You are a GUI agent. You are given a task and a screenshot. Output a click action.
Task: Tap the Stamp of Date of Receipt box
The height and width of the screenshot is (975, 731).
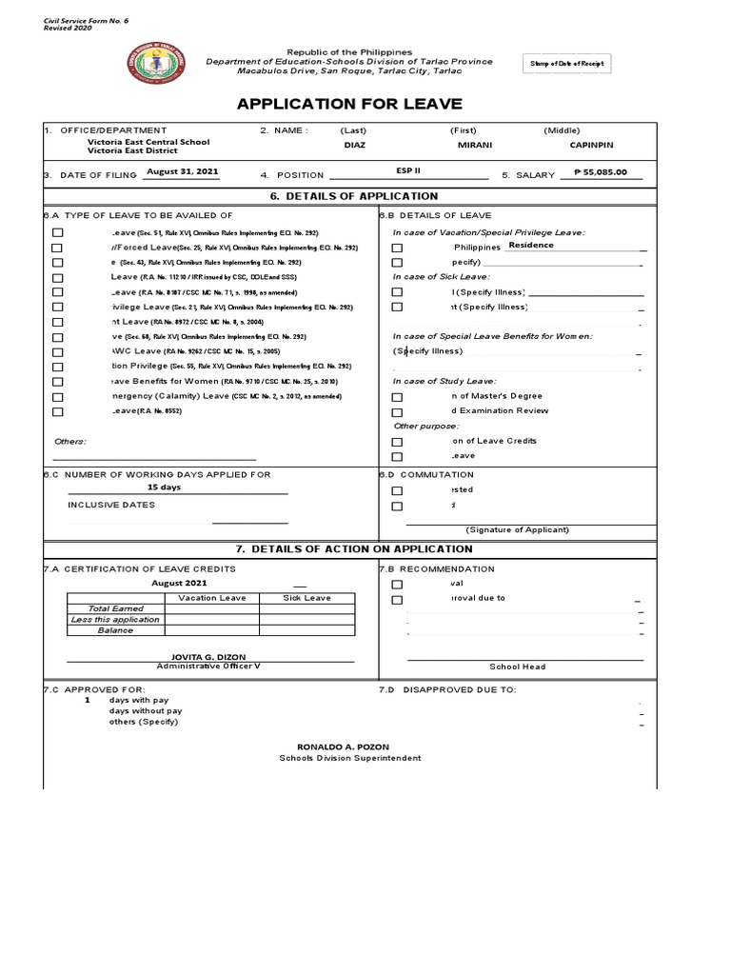pos(566,64)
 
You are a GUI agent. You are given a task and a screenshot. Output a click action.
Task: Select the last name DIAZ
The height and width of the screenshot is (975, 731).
pos(353,147)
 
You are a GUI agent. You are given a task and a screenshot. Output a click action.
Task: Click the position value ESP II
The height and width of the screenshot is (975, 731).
pos(408,171)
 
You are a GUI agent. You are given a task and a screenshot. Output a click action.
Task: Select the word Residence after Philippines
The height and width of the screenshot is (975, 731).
pos(531,245)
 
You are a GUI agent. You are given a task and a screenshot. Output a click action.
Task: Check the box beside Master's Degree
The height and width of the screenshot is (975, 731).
pos(397,397)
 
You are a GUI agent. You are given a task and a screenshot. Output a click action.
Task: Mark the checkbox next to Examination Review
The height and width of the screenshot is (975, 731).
pos(397,411)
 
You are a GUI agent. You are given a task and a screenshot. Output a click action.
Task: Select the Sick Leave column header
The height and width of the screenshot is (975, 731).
pos(306,598)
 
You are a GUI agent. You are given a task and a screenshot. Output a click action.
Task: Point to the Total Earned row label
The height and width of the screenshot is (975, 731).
pos(112,608)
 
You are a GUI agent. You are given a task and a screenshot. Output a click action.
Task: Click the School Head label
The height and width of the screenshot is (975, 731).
pos(518,667)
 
